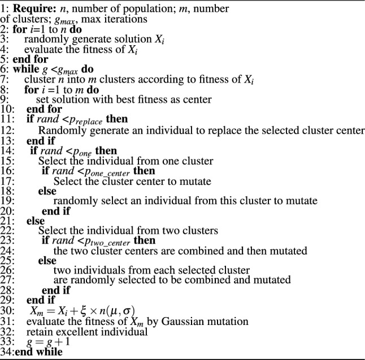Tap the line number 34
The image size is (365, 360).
click(7, 352)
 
